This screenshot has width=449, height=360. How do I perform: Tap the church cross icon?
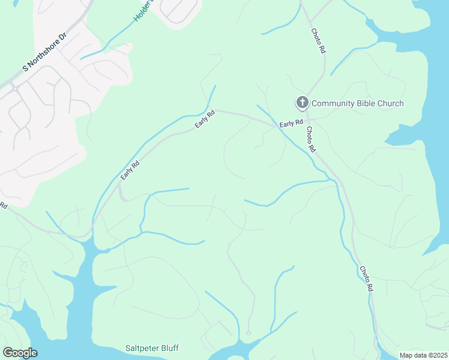[302, 103]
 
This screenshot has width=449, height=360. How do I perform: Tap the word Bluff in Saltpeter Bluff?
[169, 348]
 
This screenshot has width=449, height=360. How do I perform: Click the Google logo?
[20, 353]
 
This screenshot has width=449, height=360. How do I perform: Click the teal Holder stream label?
[143, 11]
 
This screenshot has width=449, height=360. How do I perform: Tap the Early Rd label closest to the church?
[291, 124]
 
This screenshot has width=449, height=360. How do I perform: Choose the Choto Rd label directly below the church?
[311, 140]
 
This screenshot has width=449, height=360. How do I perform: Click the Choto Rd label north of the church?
[318, 41]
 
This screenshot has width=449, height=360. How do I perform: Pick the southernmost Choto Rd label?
[366, 279]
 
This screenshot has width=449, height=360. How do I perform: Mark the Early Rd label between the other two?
[205, 119]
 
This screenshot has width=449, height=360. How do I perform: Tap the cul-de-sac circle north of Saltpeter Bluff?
[248, 333]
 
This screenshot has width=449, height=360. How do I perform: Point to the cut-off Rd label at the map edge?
[3, 205]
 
